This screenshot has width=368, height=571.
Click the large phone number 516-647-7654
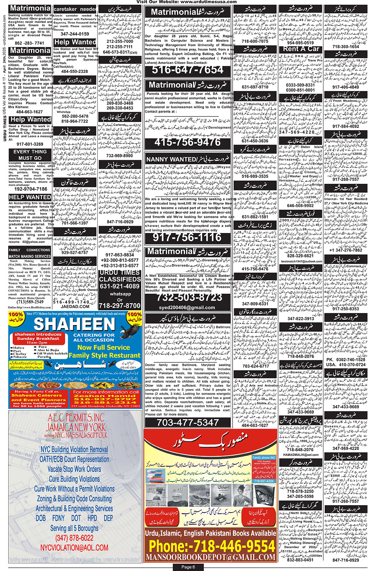pyautogui.click(x=188, y=70)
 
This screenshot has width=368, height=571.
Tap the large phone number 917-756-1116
pyautogui.click(x=187, y=237)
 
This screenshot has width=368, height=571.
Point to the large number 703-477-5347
pyautogui.click(x=188, y=422)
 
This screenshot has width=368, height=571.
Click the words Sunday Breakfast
pyautogui.click(x=38, y=338)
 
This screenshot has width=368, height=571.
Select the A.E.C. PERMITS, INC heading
pyautogui.click(x=76, y=418)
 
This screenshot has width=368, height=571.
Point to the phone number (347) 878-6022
pyautogui.click(x=74, y=538)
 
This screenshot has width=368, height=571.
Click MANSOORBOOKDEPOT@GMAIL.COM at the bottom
pyautogui.click(x=210, y=557)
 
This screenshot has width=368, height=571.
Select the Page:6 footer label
pyautogui.click(x=188, y=567)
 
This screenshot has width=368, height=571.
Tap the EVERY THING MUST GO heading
pyautogui.click(x=30, y=155)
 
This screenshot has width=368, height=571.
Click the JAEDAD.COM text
pyautogui.click(x=74, y=306)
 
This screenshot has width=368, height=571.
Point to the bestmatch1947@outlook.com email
pyautogui.click(x=301, y=261)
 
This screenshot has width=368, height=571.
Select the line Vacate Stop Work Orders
pyautogui.click(x=74, y=469)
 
